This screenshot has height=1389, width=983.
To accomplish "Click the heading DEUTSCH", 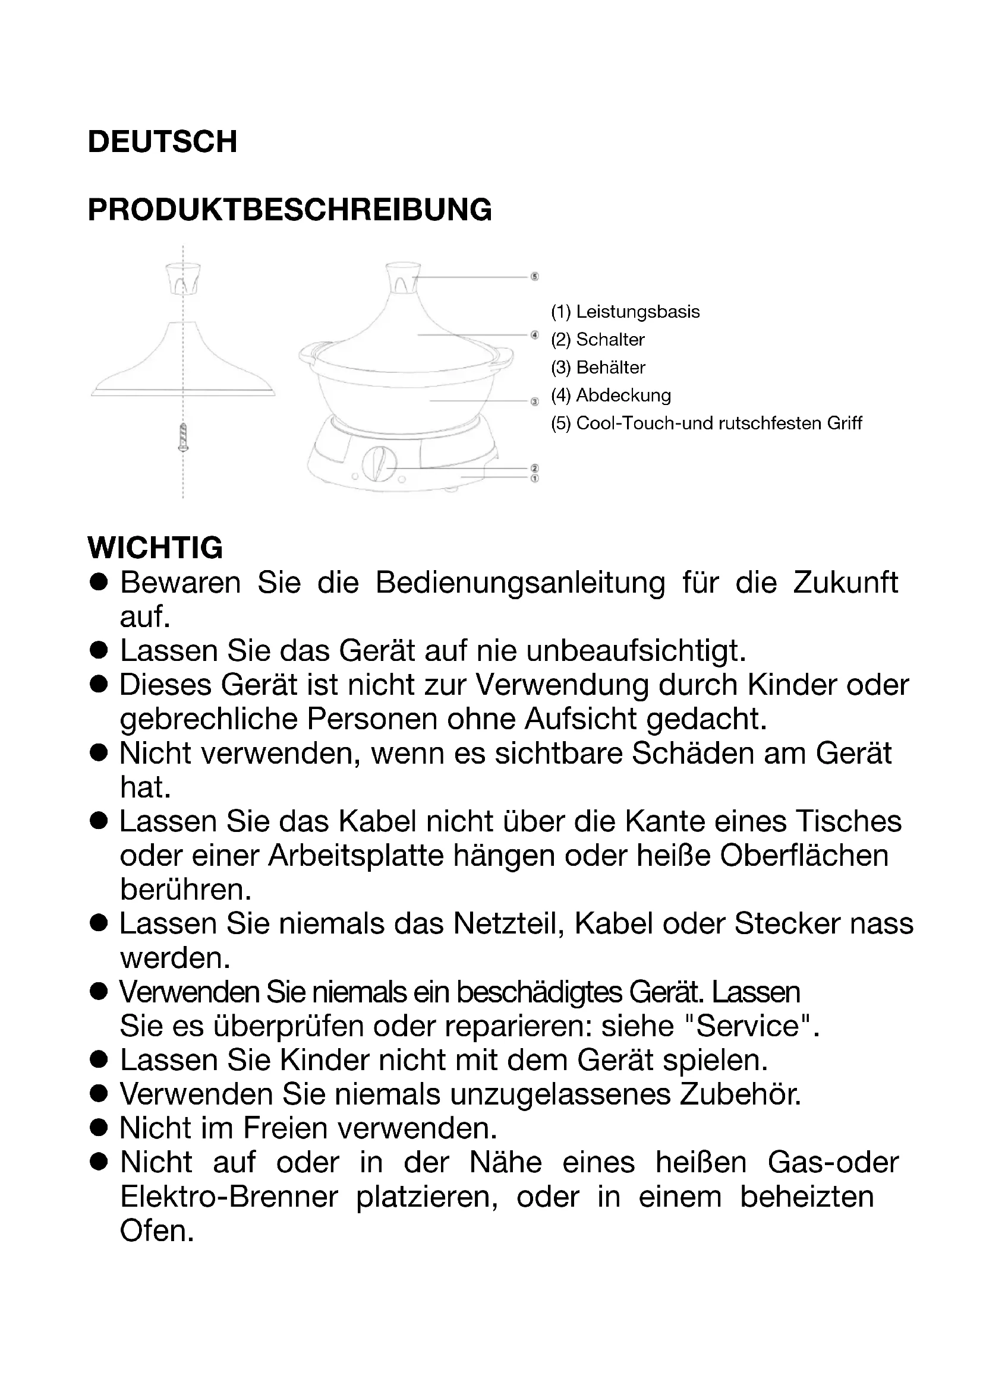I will tap(162, 141).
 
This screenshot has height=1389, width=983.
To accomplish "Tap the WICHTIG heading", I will tap(155, 548).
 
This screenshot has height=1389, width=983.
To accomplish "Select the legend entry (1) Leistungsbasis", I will tap(625, 312).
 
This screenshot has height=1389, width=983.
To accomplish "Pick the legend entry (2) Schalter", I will tap(597, 340).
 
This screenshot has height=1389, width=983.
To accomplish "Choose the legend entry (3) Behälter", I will tap(598, 367).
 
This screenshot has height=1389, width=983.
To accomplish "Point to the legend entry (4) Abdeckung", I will tap(611, 395).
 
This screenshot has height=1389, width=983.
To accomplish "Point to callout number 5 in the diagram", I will tap(534, 277).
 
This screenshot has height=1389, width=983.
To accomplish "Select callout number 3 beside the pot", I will tap(534, 401).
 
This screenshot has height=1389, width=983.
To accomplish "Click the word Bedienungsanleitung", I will tap(520, 583).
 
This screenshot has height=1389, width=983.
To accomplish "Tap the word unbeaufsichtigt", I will tap(635, 651).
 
